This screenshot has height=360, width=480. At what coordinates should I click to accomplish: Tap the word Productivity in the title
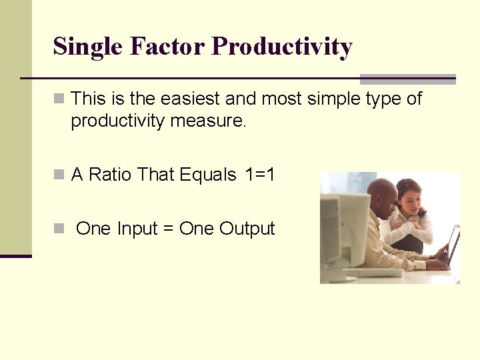281,47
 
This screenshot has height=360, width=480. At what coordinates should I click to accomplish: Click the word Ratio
111,175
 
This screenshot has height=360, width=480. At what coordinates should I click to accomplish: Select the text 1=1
260,175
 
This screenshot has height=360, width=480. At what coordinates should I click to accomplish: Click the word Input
137,229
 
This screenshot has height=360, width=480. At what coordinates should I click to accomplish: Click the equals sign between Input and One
168,229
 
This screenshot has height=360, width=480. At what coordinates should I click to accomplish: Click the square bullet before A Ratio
59,175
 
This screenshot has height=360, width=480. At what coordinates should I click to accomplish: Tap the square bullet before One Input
59,229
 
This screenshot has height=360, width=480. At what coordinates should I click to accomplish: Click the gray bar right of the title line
407,79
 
